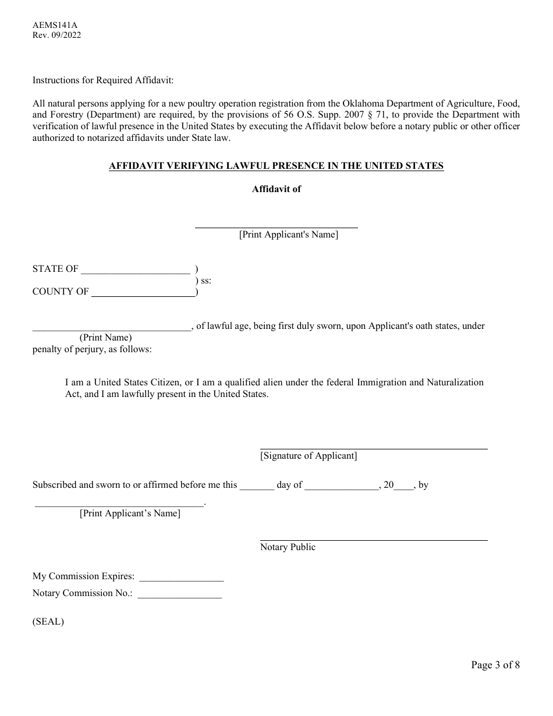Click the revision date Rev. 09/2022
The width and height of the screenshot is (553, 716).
[56, 35]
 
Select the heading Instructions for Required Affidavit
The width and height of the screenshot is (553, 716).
[103, 80]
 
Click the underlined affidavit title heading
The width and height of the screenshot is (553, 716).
[276, 166]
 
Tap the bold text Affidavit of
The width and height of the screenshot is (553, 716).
[276, 189]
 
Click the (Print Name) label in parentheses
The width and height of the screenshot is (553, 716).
[105, 338]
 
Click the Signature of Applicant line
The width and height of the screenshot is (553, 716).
[373, 447]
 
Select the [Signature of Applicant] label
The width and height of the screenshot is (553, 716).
[309, 456]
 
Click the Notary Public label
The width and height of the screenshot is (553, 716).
[288, 547]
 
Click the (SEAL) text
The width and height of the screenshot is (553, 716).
[48, 621]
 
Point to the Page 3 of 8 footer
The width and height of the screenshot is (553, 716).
[495, 665]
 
